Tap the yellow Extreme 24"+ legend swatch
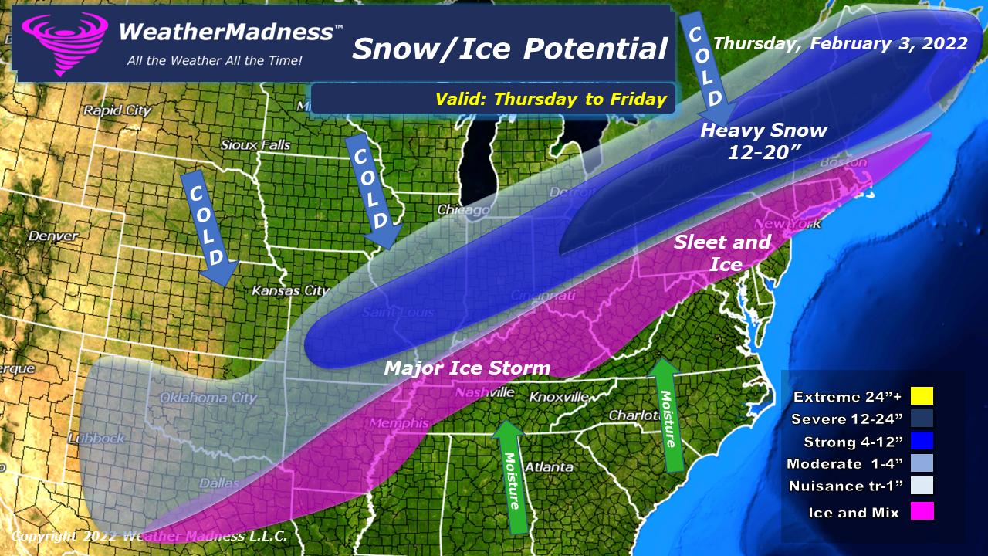point(921,396)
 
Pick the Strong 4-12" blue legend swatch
point(921,441)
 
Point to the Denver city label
point(52,236)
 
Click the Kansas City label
point(290,291)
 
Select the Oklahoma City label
point(208,398)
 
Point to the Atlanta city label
point(549,467)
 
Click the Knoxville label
point(560,397)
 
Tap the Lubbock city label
point(95,439)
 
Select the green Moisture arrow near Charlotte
point(665,413)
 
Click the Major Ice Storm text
point(468,368)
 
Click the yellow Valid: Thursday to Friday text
point(550,99)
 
